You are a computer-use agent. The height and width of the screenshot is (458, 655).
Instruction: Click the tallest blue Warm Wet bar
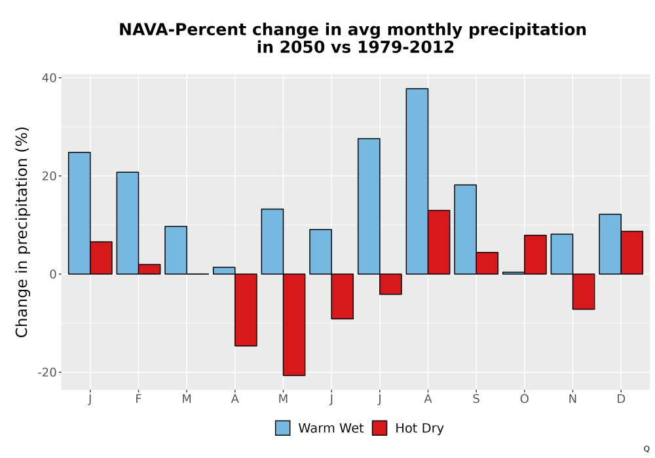[x=417, y=181]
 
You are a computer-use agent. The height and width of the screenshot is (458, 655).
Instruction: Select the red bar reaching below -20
[x=294, y=325]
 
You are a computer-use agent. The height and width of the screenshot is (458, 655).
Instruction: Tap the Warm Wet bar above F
[x=128, y=223]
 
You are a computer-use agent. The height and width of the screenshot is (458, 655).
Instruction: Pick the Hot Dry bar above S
[x=487, y=263]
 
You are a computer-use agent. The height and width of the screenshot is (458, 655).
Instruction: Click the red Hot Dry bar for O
[x=535, y=255]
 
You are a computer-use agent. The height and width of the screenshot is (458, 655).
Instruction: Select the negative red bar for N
[x=584, y=292]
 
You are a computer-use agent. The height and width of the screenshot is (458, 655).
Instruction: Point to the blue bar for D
[x=610, y=244]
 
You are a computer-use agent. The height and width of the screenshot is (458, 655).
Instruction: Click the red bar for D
[x=631, y=253]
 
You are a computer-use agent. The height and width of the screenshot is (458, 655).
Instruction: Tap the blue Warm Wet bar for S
[x=465, y=230]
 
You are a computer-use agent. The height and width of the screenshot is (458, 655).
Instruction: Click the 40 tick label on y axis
[x=49, y=78]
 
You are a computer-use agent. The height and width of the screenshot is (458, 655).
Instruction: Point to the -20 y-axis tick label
[x=47, y=372]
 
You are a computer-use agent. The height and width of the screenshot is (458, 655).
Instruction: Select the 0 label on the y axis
[x=53, y=274]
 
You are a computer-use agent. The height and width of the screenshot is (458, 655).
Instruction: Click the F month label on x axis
[x=138, y=399]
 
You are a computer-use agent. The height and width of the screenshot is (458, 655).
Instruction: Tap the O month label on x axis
[x=524, y=399]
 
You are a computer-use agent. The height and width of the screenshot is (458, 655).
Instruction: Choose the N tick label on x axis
[x=572, y=399]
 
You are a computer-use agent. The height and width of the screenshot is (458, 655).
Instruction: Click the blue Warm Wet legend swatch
[x=283, y=428]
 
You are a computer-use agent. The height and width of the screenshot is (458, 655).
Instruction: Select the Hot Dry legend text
[x=419, y=429]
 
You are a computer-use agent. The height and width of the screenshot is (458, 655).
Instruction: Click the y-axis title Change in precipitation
[x=22, y=232]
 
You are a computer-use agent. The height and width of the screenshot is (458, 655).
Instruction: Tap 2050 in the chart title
[x=302, y=47]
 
